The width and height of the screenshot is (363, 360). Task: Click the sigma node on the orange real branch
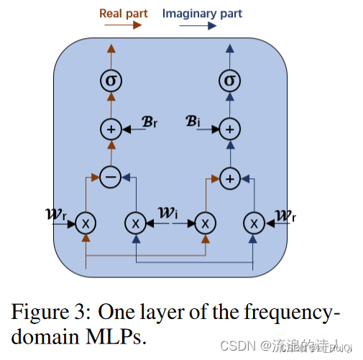point(111,80)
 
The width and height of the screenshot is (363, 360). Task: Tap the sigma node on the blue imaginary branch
point(229,80)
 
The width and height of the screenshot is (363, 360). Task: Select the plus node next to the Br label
point(111,129)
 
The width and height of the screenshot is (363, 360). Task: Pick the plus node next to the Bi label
point(229,129)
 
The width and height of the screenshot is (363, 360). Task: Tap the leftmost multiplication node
point(86,223)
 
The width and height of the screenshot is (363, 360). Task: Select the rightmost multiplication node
point(253,223)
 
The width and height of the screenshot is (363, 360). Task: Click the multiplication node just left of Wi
point(135,223)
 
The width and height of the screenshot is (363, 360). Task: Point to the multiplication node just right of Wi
point(205,223)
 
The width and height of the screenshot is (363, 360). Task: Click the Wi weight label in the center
point(170,213)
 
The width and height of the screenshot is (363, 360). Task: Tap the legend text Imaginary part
point(202,12)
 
